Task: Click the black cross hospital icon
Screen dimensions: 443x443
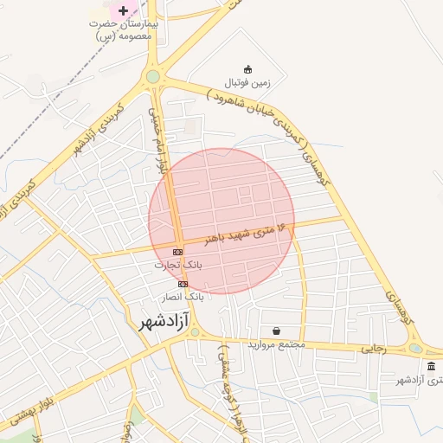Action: (x=124, y=11)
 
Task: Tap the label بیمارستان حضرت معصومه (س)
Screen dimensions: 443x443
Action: (x=125, y=31)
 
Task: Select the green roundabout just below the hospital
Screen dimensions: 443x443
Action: (x=153, y=76)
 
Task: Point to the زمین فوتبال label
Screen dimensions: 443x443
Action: (x=248, y=83)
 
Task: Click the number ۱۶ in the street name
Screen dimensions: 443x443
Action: (x=286, y=228)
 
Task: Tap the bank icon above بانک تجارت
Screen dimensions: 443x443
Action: (x=178, y=251)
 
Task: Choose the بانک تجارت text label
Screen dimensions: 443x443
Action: (x=177, y=265)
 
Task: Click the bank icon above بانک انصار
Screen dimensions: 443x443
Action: (x=183, y=283)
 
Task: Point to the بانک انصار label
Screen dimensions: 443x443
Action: (x=183, y=296)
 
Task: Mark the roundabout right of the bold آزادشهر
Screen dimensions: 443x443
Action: (x=196, y=331)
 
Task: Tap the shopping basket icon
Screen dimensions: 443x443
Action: (x=276, y=331)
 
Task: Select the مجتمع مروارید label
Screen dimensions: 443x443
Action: (x=277, y=344)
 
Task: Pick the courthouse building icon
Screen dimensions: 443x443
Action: (x=431, y=367)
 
